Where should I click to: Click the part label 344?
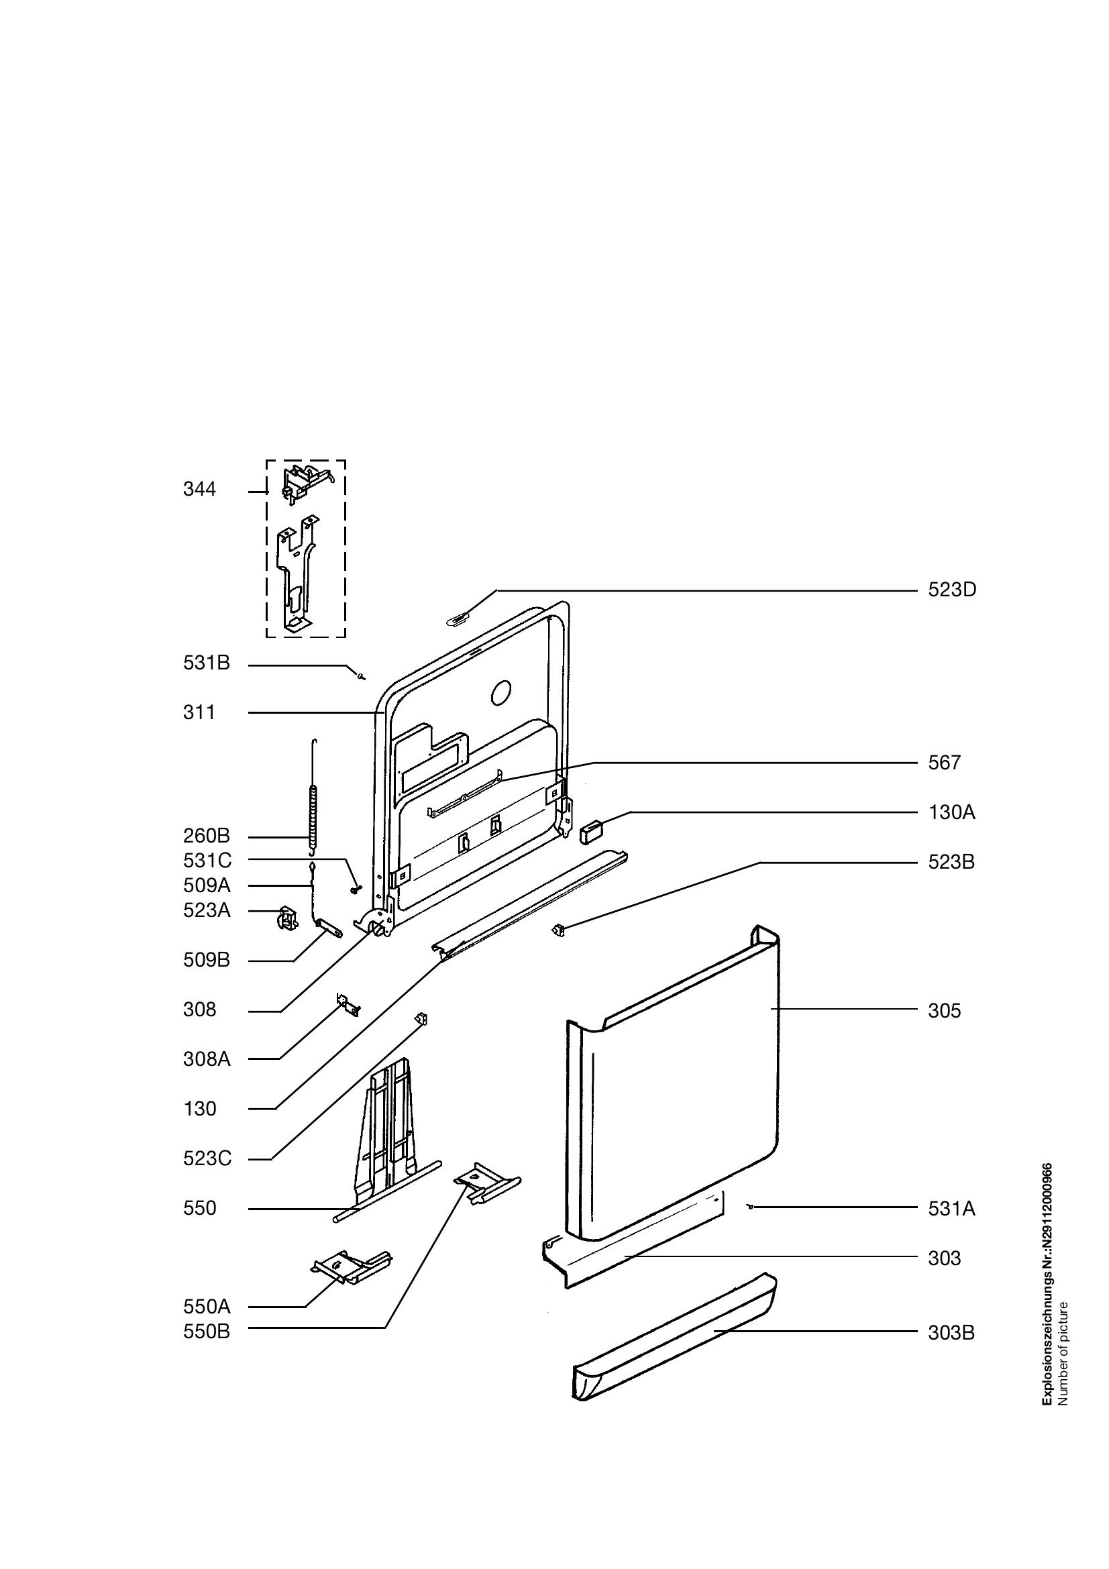click(x=199, y=489)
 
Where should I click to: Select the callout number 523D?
click(x=952, y=590)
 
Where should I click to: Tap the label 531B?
click(x=207, y=663)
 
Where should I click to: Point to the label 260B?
click(x=207, y=836)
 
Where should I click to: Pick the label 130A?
click(x=951, y=812)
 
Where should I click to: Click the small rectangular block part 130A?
click(x=590, y=832)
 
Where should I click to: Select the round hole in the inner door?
click(x=501, y=693)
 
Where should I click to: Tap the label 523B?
click(x=951, y=863)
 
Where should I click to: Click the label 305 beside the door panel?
click(x=945, y=1011)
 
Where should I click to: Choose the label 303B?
click(x=951, y=1333)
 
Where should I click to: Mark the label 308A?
click(x=207, y=1060)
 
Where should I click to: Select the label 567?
click(x=945, y=763)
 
